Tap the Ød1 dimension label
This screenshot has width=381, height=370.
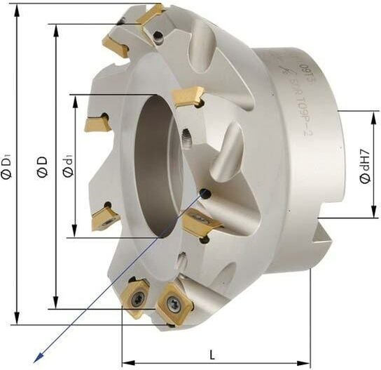pos(66,169)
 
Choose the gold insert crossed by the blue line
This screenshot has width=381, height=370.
pos(201,223)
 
